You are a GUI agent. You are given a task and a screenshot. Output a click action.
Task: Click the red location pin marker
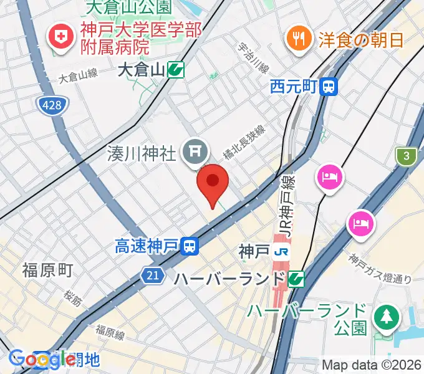(x=213, y=182)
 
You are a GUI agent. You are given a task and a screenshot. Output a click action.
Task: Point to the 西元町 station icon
(x=328, y=87)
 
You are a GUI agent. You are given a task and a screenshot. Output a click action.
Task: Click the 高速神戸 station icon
(x=190, y=247)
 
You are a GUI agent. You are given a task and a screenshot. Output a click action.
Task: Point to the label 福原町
(x=47, y=270)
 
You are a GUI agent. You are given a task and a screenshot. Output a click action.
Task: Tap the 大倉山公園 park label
(x=128, y=7)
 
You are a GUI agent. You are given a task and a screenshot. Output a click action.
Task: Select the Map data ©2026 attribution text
(x=372, y=365)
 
